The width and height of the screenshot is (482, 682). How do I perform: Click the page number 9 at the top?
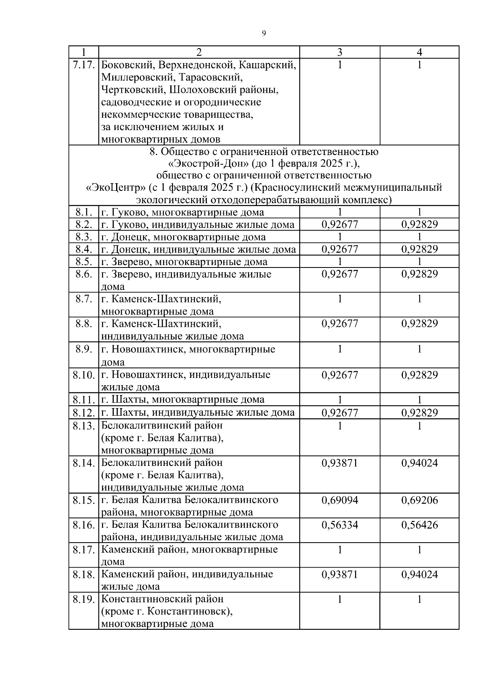[263, 33]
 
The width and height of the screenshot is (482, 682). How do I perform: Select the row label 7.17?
[84, 65]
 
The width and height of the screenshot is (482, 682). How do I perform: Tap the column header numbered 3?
[340, 52]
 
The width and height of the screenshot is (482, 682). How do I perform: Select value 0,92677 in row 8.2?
[340, 225]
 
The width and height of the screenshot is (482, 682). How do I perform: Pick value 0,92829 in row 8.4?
[419, 249]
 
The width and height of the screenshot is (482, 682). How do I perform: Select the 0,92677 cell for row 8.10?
[340, 375]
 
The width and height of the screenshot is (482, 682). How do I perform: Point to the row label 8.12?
[84, 412]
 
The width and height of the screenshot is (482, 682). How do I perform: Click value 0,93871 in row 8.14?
[340, 463]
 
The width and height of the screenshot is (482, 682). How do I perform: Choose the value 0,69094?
[340, 500]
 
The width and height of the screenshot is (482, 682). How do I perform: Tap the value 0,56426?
[419, 525]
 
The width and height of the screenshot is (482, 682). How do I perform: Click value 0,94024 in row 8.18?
[419, 574]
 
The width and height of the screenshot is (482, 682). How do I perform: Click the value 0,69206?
[419, 500]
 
